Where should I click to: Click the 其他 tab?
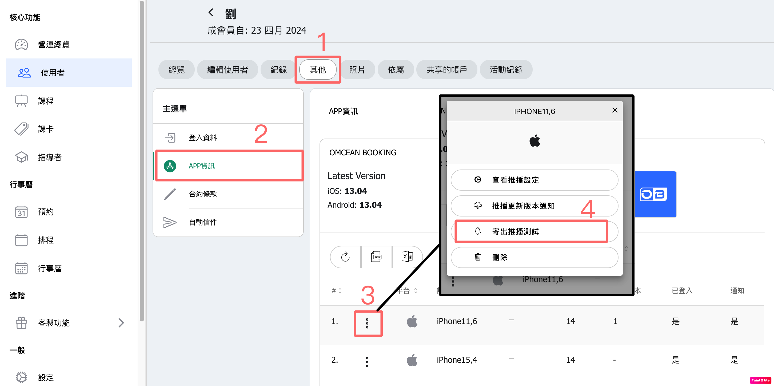(x=318, y=69)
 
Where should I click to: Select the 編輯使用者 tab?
(x=228, y=69)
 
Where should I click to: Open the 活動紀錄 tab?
(x=506, y=69)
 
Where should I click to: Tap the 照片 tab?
(x=357, y=69)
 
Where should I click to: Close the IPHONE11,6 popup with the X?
(x=615, y=110)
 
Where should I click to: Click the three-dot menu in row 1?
(x=367, y=323)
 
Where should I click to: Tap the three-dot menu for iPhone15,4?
(x=367, y=362)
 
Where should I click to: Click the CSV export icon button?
(x=377, y=257)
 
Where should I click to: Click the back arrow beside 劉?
(x=211, y=12)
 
